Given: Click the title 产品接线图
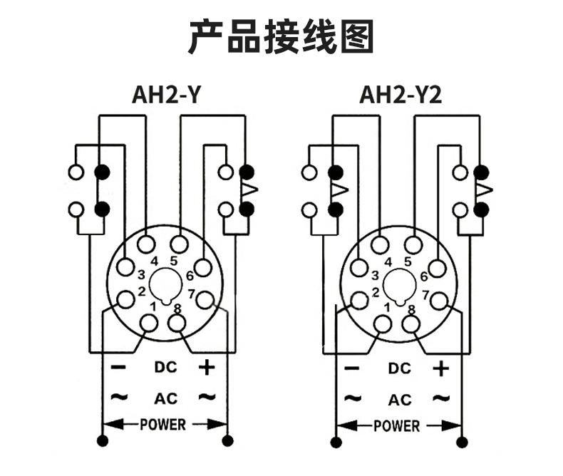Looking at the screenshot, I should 281,36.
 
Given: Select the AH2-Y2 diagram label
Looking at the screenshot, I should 401,95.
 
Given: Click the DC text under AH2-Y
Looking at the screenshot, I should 165,368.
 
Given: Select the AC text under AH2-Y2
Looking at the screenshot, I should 400,399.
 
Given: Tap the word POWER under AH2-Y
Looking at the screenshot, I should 162,425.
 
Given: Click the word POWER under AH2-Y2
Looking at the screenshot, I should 397,426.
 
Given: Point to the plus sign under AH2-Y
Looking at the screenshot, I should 207,368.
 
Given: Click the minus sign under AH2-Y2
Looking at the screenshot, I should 352,368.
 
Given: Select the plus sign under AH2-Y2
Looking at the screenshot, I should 442,368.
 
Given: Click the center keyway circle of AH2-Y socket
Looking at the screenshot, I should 164,286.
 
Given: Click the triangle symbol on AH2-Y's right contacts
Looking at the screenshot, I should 249,190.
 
